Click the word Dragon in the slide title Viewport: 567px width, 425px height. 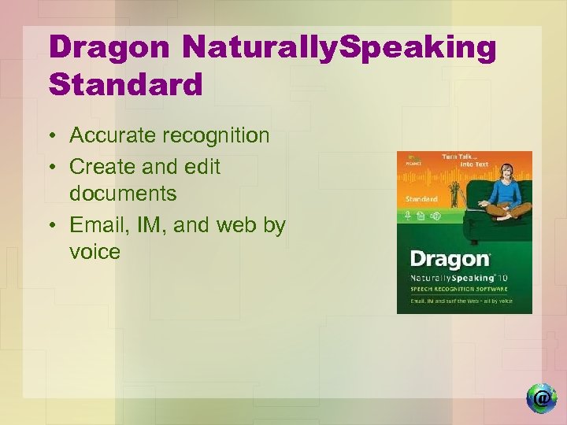[x=108, y=49]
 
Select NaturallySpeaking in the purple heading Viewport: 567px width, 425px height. [x=339, y=49]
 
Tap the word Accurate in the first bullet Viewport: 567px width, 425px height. [x=113, y=135]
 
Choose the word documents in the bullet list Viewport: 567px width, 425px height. [x=122, y=193]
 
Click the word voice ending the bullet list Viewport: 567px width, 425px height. [x=94, y=252]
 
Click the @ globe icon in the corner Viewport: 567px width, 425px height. [x=541, y=397]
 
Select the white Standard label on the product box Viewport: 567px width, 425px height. [x=421, y=199]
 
